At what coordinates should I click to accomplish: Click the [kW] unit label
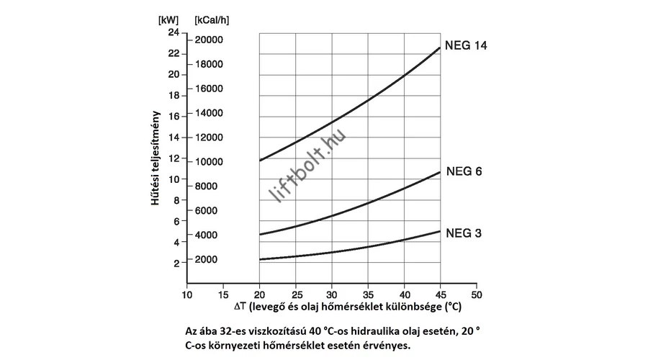168,19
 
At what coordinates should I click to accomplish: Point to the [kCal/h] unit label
212,19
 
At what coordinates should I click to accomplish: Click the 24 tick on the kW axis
174,32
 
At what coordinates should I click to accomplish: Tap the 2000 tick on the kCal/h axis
212,259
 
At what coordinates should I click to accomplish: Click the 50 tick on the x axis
476,295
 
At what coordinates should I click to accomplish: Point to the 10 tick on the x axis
186,295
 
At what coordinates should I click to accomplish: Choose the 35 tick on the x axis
367,295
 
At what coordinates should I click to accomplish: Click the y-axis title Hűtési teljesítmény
155,156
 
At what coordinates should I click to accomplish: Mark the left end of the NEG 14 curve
260,161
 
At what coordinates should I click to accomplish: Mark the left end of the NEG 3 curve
260,259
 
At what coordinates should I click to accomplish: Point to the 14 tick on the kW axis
174,137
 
